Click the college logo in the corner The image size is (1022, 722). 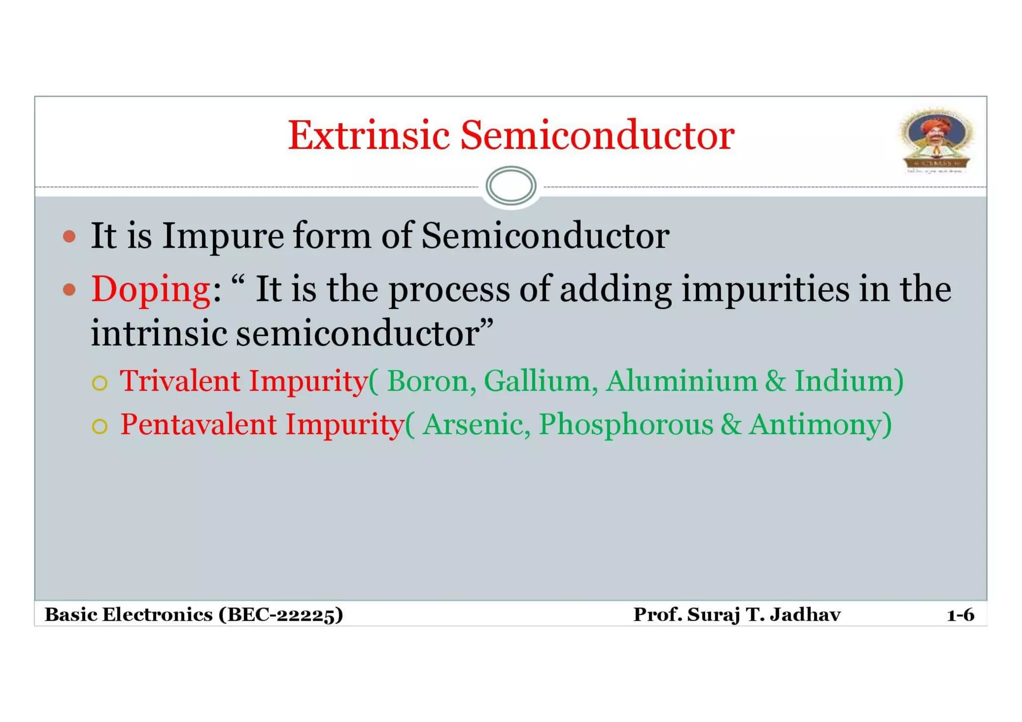(937, 140)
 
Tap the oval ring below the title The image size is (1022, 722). (511, 186)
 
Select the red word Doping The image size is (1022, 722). (151, 289)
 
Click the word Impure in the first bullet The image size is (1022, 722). (223, 236)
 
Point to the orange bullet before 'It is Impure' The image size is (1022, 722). (70, 236)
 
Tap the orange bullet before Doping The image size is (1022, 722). (70, 289)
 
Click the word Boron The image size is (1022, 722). (428, 381)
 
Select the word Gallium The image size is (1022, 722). (537, 381)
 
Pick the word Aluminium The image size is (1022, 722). (682, 381)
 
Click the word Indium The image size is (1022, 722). (844, 381)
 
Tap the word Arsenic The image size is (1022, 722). (473, 425)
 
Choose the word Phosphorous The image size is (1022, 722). (626, 425)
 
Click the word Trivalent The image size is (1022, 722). (180, 381)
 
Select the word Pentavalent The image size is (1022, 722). (198, 425)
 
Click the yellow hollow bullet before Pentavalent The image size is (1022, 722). (100, 427)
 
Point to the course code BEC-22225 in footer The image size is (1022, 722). (281, 615)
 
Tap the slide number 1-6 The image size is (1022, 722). (960, 615)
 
